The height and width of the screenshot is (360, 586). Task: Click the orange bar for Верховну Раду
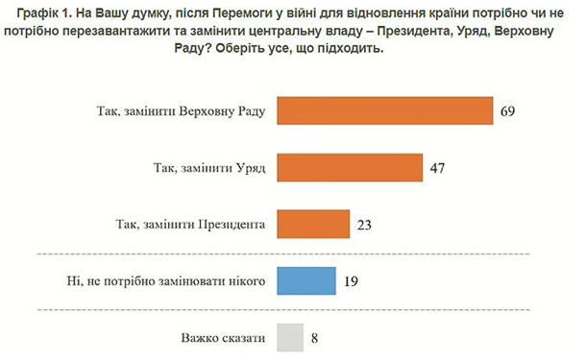384,111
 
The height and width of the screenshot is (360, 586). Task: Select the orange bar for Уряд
350,167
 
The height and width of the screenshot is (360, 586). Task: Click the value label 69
509,111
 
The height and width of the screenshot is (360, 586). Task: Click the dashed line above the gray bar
288,310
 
